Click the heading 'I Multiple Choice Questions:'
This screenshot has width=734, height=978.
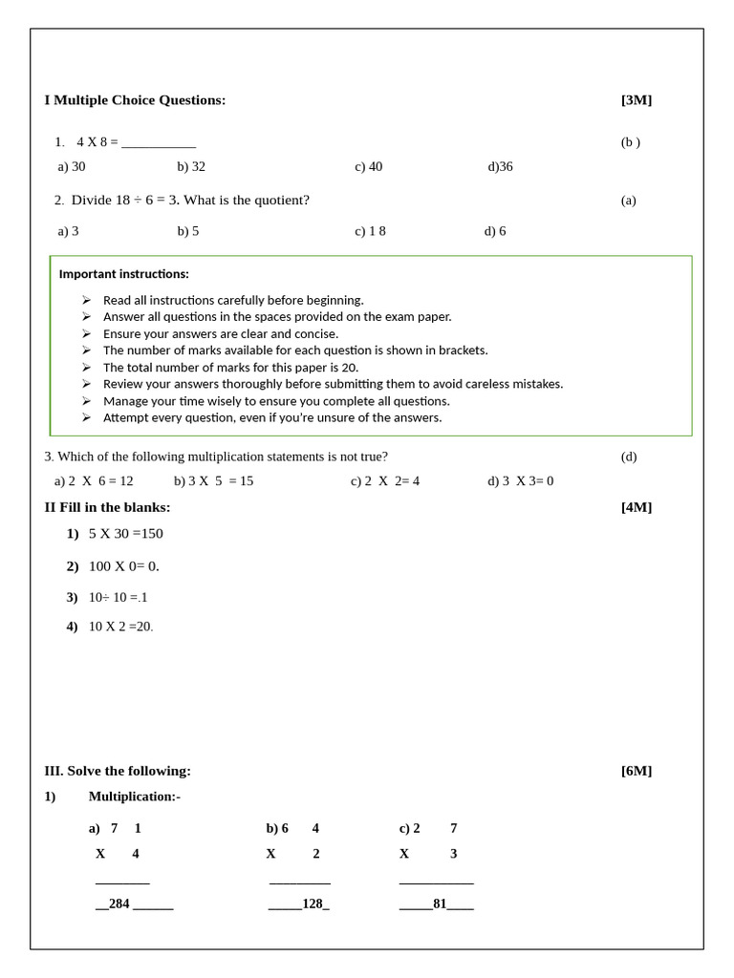(x=135, y=100)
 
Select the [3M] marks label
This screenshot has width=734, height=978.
(x=636, y=100)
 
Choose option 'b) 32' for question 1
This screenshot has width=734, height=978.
(x=191, y=166)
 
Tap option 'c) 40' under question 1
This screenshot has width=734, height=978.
(x=368, y=166)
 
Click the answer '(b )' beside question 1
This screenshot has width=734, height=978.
(x=630, y=142)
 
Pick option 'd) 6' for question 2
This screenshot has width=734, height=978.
(x=495, y=231)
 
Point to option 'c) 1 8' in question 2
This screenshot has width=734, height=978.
(x=370, y=231)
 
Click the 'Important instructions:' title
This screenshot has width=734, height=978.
(x=124, y=274)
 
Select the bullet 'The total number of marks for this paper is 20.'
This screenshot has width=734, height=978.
(x=230, y=368)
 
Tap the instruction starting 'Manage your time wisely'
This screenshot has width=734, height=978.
(x=276, y=401)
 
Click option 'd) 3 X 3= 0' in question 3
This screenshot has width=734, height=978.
(x=520, y=481)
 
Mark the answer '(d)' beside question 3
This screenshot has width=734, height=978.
(x=628, y=457)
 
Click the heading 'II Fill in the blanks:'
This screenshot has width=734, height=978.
(x=107, y=507)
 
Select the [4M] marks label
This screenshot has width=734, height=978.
(x=636, y=507)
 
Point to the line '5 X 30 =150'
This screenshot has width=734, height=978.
(x=125, y=534)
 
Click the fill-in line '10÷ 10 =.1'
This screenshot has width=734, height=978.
(x=118, y=598)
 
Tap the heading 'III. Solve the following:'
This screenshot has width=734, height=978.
(x=118, y=771)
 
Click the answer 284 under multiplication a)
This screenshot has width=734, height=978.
(x=119, y=904)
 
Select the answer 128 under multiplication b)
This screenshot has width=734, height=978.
(x=313, y=904)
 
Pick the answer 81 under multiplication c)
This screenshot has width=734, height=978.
(x=440, y=904)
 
